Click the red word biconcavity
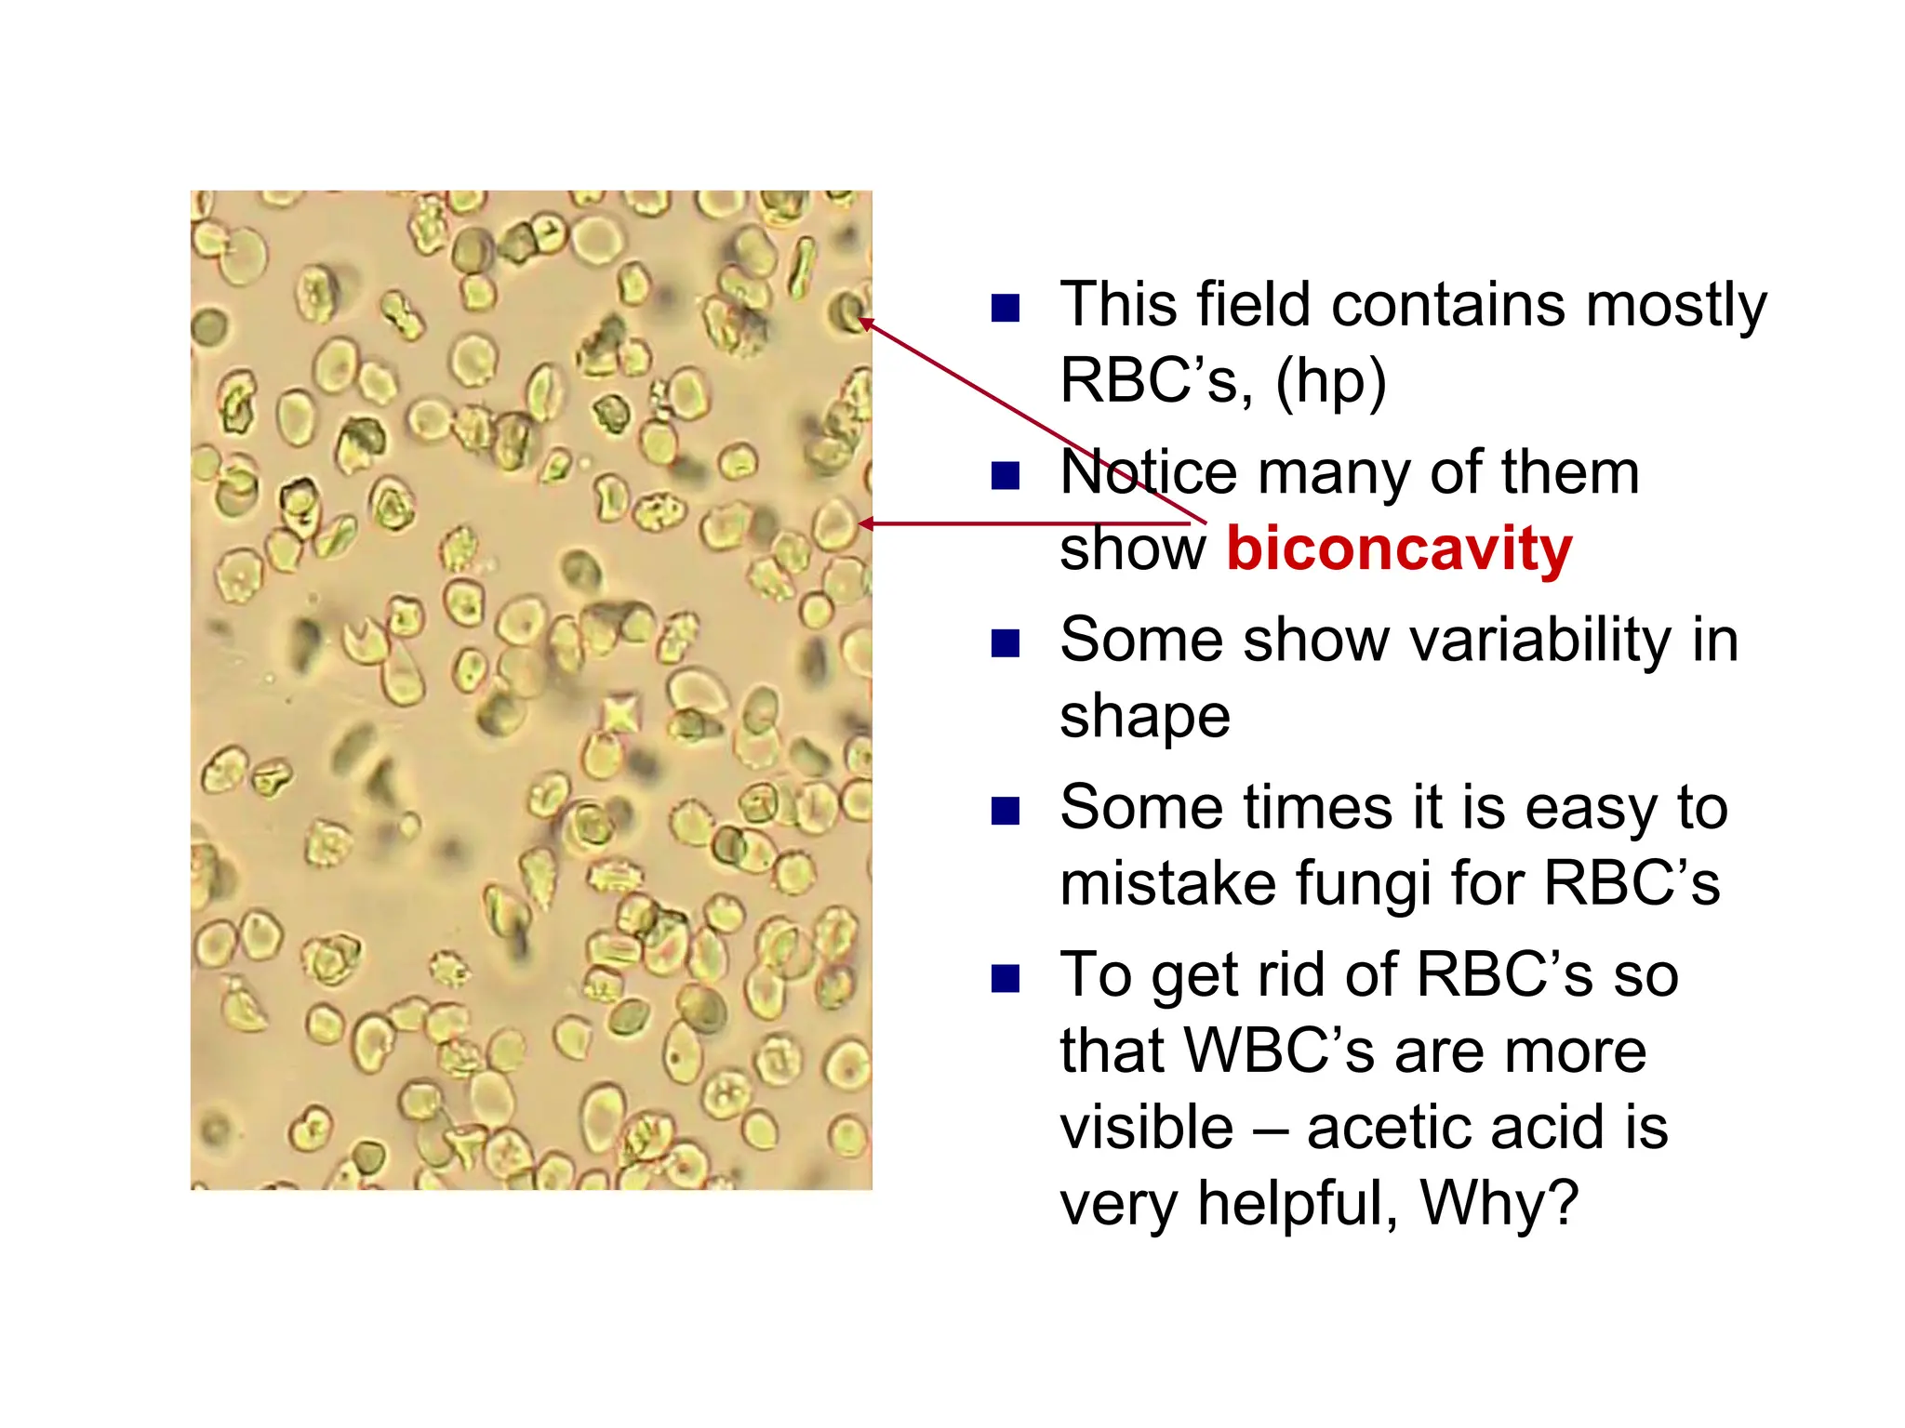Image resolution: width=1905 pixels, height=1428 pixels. tap(1398, 549)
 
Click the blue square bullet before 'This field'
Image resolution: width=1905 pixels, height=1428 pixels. tap(1006, 308)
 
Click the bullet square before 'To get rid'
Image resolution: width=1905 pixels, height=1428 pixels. tap(1006, 978)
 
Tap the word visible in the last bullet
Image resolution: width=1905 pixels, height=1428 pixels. tap(1147, 1127)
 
